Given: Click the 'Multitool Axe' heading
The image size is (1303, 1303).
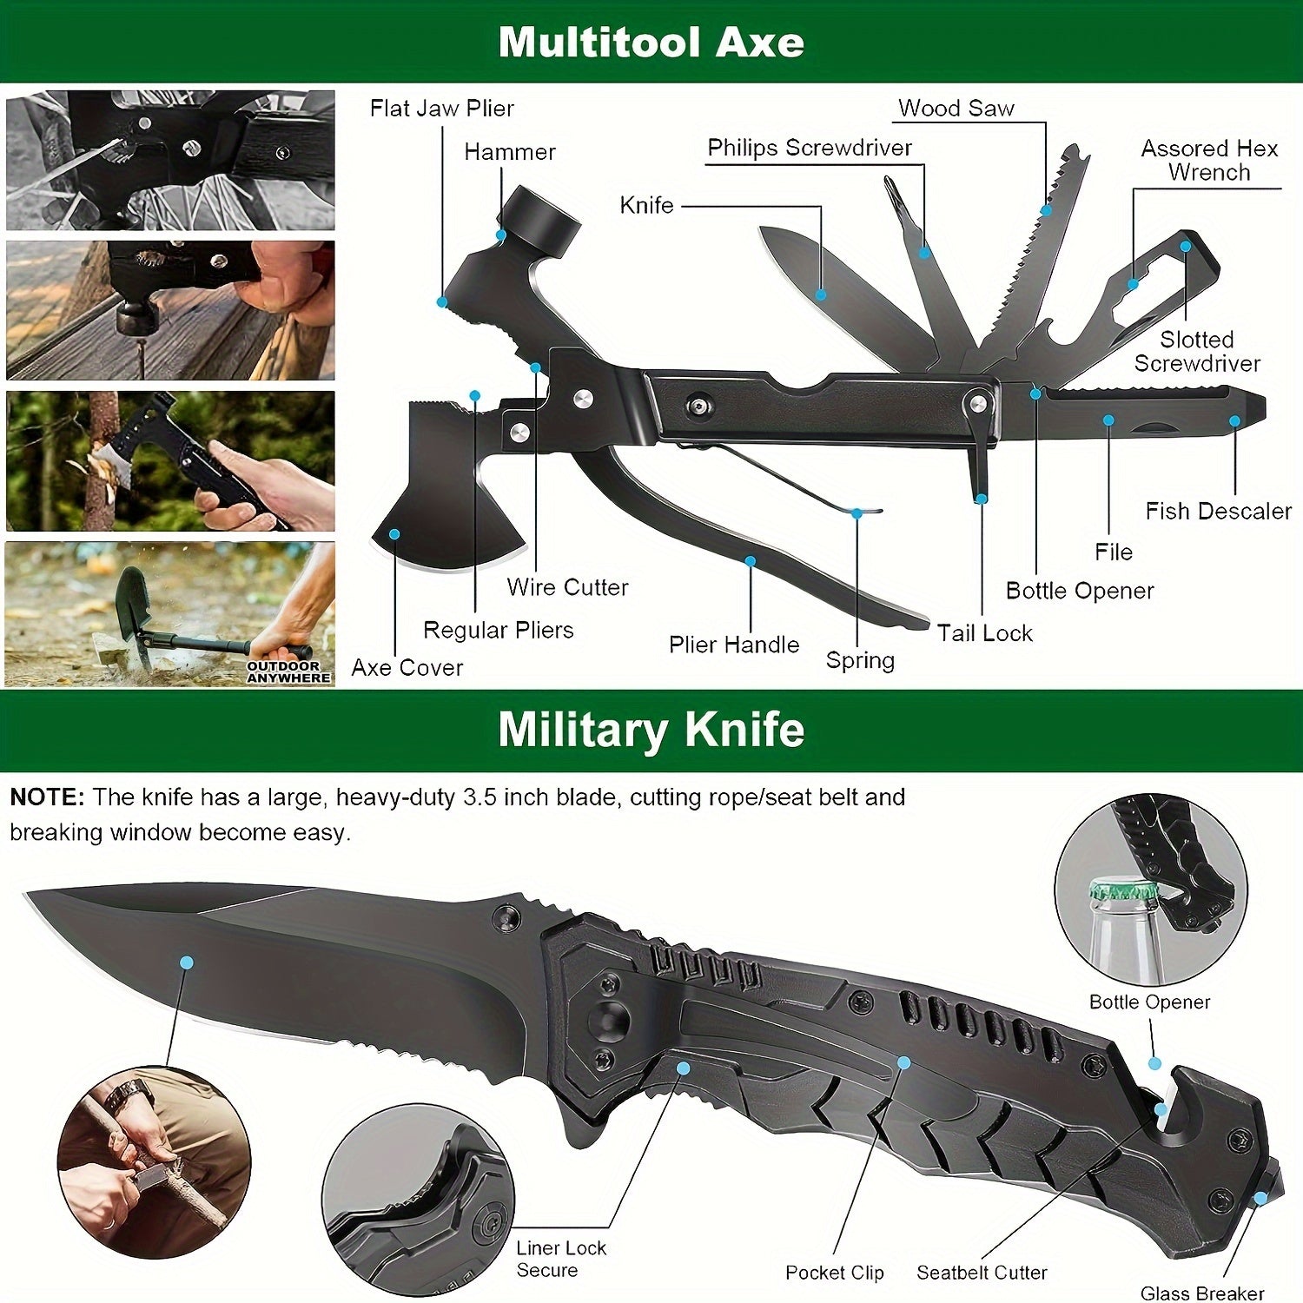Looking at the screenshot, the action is pyautogui.click(x=651, y=42).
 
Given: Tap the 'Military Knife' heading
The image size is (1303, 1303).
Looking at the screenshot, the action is pyautogui.click(x=651, y=730).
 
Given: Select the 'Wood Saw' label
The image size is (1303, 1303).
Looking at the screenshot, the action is pyautogui.click(x=956, y=109).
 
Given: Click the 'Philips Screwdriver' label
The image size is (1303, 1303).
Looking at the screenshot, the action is pyautogui.click(x=810, y=149).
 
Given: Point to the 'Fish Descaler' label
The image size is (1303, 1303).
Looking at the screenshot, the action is pyautogui.click(x=1218, y=511).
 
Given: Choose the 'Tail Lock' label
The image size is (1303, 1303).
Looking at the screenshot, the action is pyautogui.click(x=985, y=633).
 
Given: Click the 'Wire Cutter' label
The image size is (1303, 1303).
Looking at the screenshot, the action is pyautogui.click(x=568, y=587).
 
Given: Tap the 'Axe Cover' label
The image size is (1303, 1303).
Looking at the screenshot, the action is pyautogui.click(x=407, y=667).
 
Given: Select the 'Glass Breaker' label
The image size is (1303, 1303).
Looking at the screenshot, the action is pyautogui.click(x=1202, y=1293).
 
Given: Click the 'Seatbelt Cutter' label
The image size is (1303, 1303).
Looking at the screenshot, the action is pyautogui.click(x=982, y=1273).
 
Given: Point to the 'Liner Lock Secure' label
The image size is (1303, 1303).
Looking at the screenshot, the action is pyautogui.click(x=561, y=1259).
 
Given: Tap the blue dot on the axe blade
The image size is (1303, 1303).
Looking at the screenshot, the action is pyautogui.click(x=394, y=534).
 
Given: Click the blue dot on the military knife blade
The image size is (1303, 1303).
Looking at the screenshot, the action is pyautogui.click(x=186, y=962).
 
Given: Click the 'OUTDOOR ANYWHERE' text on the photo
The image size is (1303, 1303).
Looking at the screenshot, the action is pyautogui.click(x=289, y=671).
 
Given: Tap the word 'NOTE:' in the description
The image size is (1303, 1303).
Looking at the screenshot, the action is pyautogui.click(x=47, y=797).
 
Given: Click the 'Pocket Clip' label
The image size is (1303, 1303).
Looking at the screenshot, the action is pyautogui.click(x=835, y=1273).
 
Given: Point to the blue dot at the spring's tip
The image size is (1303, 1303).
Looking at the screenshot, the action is pyautogui.click(x=857, y=513).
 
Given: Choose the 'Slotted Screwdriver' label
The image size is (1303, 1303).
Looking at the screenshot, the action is pyautogui.click(x=1197, y=351).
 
